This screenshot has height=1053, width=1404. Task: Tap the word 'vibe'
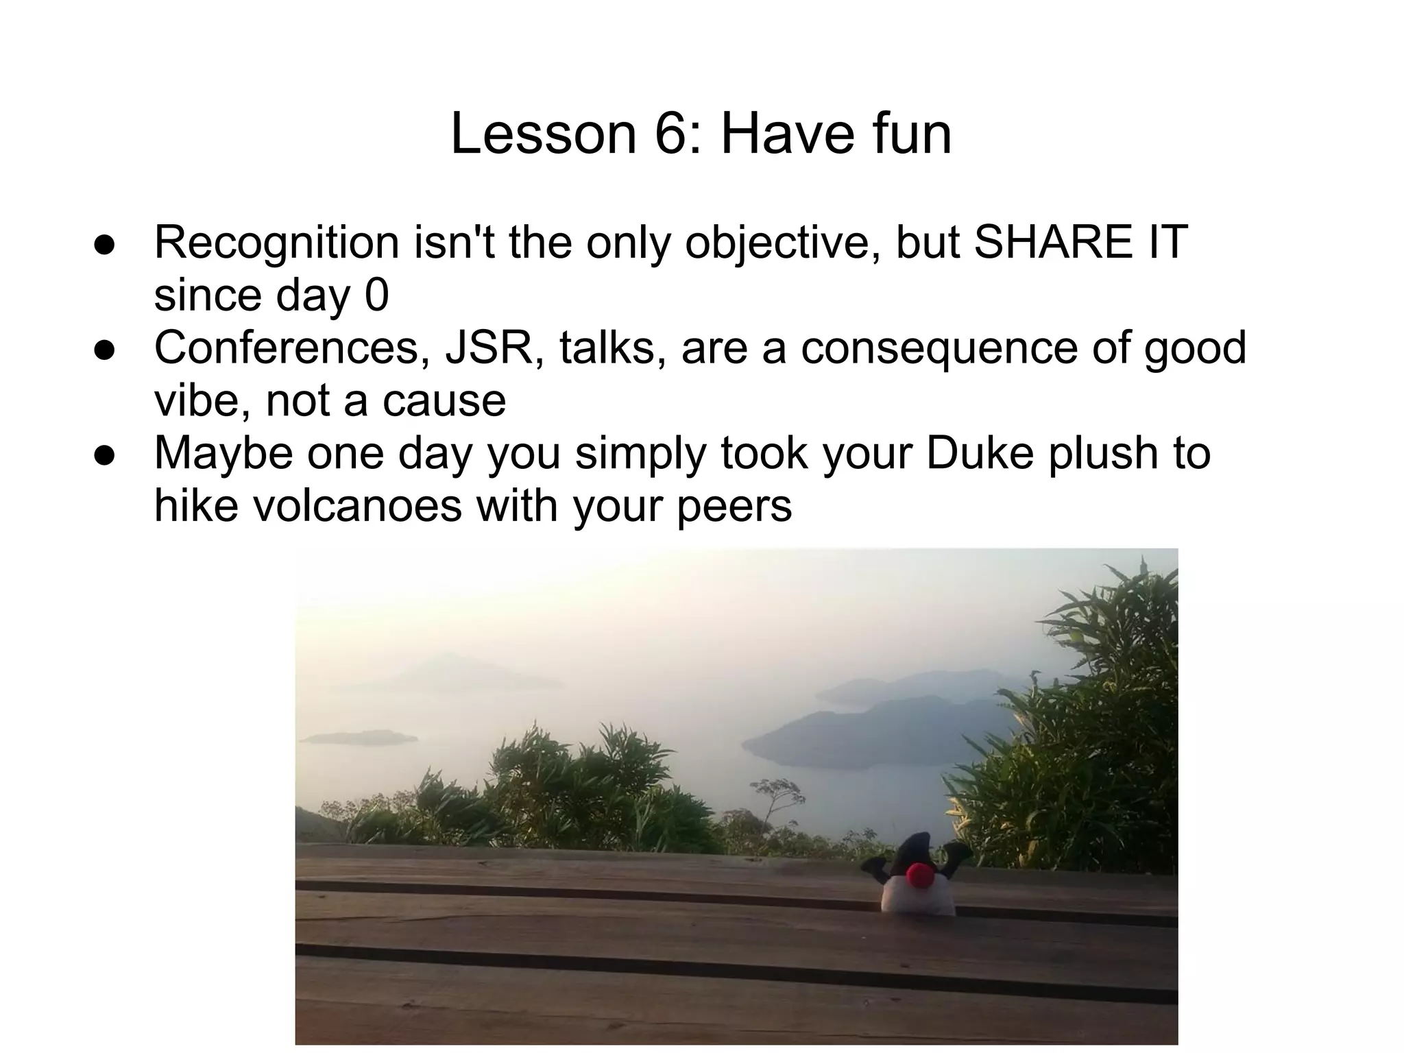[199, 400]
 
